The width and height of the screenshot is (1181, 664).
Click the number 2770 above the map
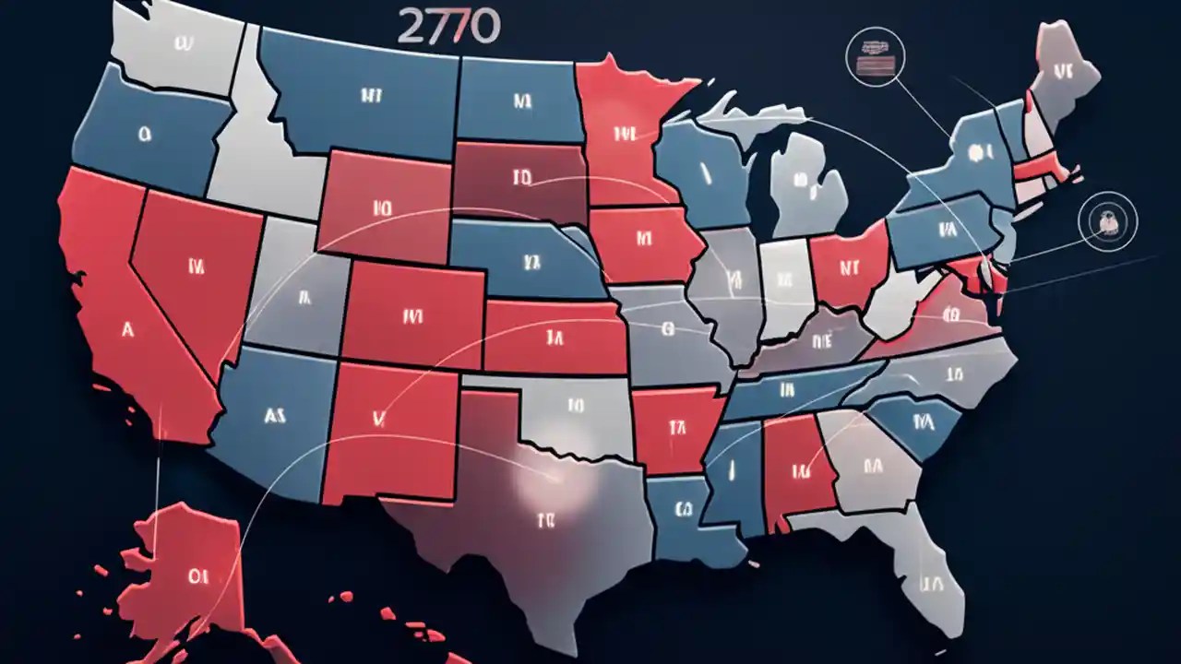coord(448,28)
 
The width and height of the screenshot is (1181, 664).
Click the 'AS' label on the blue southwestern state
coord(274,415)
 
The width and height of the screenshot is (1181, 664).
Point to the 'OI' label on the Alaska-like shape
coord(198,576)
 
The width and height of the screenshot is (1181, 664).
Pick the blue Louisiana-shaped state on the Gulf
coord(687,512)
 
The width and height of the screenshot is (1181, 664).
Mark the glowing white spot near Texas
coord(549,480)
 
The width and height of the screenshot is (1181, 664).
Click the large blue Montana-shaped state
coord(369,92)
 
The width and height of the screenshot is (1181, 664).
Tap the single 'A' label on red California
coord(126,327)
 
